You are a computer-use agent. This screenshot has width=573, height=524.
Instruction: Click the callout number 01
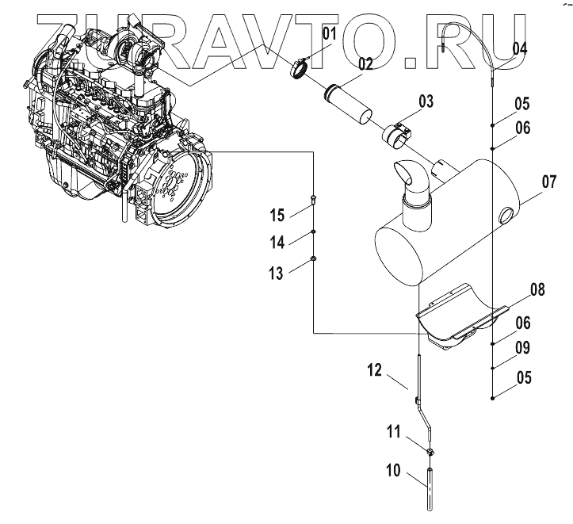[328, 33]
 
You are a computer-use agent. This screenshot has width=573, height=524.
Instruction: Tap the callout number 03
[426, 101]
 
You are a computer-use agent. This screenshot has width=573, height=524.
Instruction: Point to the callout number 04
[519, 48]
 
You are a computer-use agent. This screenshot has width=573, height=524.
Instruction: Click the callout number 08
[537, 290]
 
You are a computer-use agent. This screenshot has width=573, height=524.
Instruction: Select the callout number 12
[374, 369]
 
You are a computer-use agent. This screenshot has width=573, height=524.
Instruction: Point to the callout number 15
[276, 214]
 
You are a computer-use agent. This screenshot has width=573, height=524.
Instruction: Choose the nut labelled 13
[314, 258]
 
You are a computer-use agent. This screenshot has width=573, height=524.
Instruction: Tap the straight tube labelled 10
[431, 487]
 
